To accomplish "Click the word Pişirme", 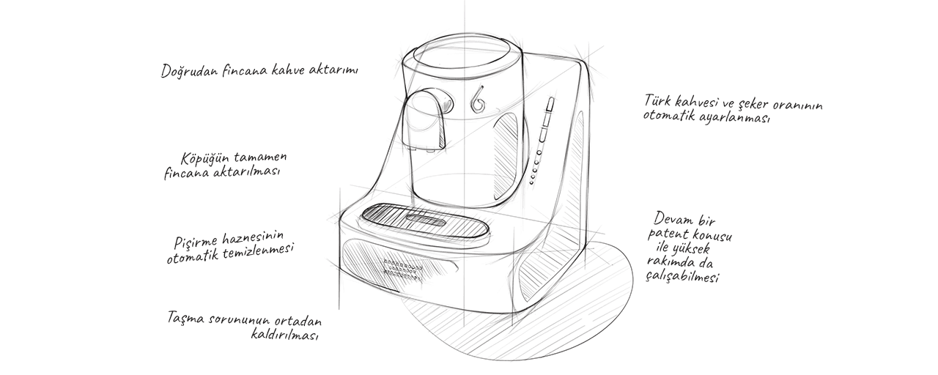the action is pyautogui.click(x=196, y=241).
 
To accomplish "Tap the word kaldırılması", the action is pyautogui.click(x=284, y=335).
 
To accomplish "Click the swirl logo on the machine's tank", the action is pyautogui.click(x=478, y=100).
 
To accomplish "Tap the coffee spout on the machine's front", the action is pyautogui.click(x=426, y=121).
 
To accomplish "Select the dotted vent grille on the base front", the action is pyautogui.click(x=402, y=270).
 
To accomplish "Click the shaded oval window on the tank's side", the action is pyautogui.click(x=507, y=156).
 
